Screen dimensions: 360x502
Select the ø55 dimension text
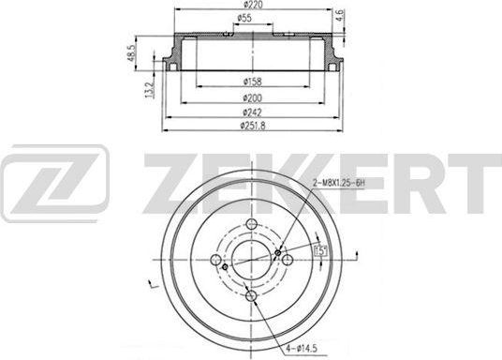tap(244, 21)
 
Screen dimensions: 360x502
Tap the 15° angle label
tap(318, 249)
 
